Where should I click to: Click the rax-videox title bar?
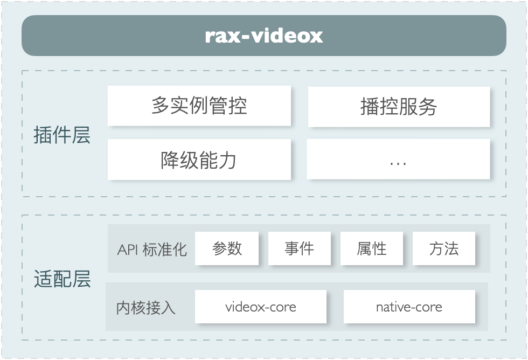click(x=264, y=36)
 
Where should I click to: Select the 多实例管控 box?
click(x=199, y=106)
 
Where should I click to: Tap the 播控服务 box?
click(x=399, y=106)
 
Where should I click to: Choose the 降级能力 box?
click(x=199, y=160)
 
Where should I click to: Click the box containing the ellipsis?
click(x=399, y=160)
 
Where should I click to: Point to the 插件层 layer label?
click(x=62, y=136)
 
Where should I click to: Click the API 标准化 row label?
click(x=152, y=250)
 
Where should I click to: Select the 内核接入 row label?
click(x=145, y=308)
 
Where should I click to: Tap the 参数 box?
click(x=227, y=248)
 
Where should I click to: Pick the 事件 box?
click(x=299, y=248)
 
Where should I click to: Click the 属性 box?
click(x=372, y=248)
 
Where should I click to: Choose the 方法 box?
click(x=444, y=248)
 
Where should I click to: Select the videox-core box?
click(x=261, y=307)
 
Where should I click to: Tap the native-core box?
click(x=409, y=307)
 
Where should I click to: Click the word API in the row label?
click(x=127, y=250)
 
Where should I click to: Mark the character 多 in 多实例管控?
click(x=161, y=106)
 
